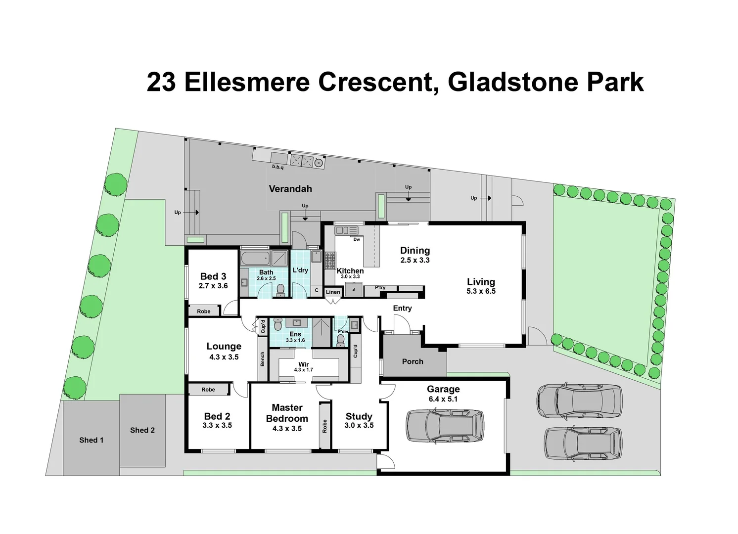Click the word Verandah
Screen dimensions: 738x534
290,189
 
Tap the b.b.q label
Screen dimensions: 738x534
277,167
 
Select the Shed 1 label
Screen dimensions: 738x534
92,440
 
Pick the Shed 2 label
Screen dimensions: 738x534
142,430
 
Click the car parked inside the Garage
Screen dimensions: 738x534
445,426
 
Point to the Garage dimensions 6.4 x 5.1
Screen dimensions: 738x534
443,399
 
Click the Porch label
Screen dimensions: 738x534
413,361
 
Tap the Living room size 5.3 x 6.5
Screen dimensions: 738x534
481,291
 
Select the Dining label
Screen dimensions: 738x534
415,251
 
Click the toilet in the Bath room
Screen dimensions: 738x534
280,290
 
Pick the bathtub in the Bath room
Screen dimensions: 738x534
255,258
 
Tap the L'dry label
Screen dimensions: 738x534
300,270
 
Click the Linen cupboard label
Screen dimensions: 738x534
333,292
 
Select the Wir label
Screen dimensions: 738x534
303,364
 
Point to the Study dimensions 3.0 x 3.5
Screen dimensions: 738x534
359,425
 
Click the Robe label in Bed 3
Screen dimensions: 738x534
204,311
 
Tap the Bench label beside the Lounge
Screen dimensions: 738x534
263,359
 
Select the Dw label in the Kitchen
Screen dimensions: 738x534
357,239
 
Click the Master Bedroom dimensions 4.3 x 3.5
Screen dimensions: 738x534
287,429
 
